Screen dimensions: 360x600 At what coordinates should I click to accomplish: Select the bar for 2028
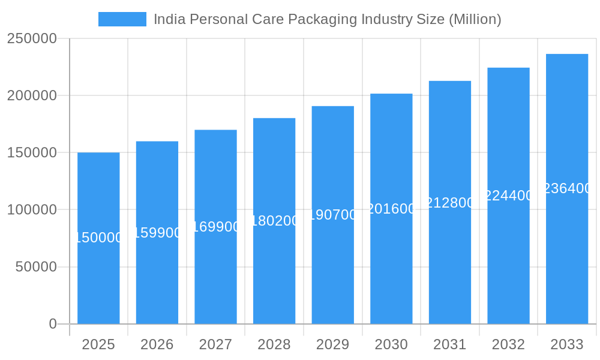click(x=274, y=270)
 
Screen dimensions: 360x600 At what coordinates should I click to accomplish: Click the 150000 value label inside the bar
click(x=98, y=238)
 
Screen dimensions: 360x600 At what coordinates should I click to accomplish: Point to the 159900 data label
click(x=157, y=233)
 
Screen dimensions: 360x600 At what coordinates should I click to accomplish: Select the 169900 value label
click(x=215, y=227)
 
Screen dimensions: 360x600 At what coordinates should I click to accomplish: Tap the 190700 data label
click(x=333, y=215)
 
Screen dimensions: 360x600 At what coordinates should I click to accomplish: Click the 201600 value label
click(x=391, y=209)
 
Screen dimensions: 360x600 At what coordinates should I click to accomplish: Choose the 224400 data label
click(x=508, y=196)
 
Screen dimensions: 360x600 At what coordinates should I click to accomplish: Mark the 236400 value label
click(x=567, y=188)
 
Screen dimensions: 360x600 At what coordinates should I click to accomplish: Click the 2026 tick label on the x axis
click(x=157, y=344)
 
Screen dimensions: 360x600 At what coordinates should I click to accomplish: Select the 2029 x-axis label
click(x=333, y=344)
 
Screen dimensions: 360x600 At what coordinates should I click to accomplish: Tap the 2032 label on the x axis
click(x=508, y=344)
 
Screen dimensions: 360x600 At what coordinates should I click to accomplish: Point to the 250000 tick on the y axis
click(x=32, y=39)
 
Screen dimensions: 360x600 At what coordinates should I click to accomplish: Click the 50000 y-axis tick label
click(x=36, y=267)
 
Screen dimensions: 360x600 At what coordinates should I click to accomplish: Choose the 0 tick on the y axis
click(x=53, y=324)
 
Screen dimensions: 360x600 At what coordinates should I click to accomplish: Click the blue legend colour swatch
click(x=122, y=19)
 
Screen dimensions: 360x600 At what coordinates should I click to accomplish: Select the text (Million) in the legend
click(x=475, y=19)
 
